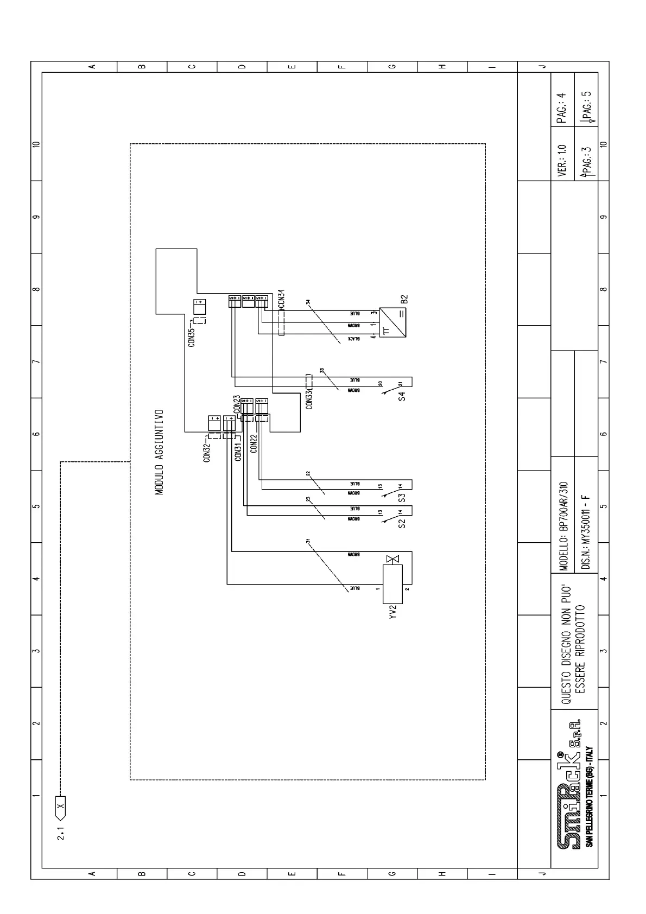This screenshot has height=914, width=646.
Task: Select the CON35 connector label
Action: (x=191, y=337)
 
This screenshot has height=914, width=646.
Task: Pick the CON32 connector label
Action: (x=207, y=453)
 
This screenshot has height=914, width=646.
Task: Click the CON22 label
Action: (x=254, y=443)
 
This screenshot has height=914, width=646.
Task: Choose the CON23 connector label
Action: (x=237, y=404)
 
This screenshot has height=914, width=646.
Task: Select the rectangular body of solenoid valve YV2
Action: (x=392, y=584)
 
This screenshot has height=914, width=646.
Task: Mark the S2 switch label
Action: (x=402, y=523)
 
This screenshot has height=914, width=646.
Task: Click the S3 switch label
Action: (x=402, y=497)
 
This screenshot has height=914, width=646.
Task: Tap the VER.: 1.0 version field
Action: (x=562, y=160)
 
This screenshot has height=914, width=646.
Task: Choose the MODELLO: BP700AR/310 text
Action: (x=563, y=526)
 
